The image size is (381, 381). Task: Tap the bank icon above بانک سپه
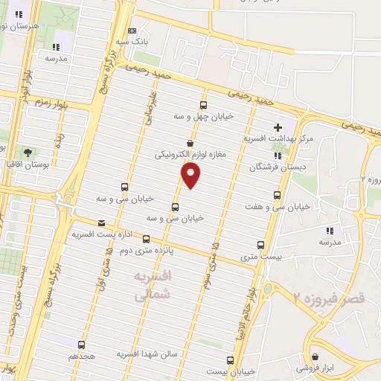click(x=132, y=31)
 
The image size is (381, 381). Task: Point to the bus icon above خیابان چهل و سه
click(x=204, y=106)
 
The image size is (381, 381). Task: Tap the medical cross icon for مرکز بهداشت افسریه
click(x=278, y=127)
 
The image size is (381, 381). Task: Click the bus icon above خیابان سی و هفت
click(x=278, y=195)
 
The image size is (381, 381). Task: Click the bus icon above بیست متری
click(x=260, y=245)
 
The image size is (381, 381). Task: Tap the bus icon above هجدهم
click(x=82, y=345)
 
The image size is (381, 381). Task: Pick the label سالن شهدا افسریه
click(x=147, y=354)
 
